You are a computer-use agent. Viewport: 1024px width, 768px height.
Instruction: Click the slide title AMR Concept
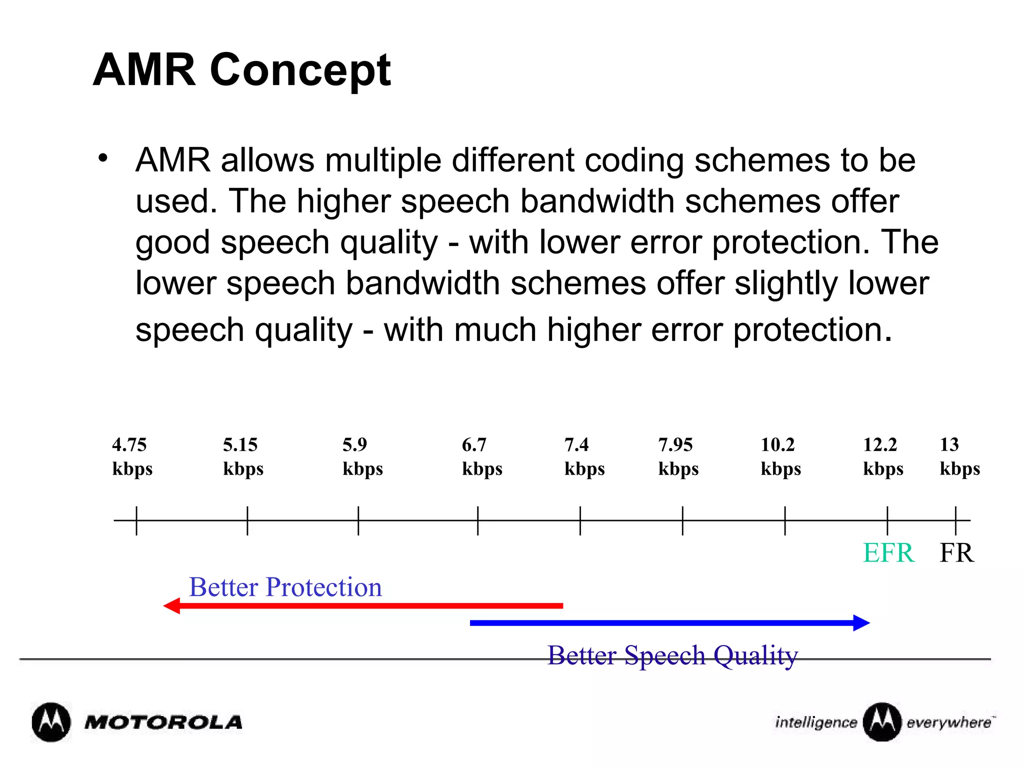coord(241,70)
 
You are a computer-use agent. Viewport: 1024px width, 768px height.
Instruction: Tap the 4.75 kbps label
coord(132,456)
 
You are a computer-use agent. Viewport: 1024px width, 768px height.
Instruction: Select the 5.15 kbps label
coord(243,456)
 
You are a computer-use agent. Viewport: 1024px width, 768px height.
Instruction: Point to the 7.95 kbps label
coord(678,456)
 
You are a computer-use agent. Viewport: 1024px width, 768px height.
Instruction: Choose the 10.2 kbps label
coord(780,456)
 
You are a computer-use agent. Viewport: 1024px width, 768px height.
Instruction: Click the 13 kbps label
coord(959,456)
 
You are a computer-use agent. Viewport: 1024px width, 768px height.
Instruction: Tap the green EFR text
coord(888,553)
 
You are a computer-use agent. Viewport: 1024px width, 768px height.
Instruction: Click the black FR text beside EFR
coord(956,553)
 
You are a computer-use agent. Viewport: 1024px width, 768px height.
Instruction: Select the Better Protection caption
coord(285,587)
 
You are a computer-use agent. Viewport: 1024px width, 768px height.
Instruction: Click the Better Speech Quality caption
coord(672,655)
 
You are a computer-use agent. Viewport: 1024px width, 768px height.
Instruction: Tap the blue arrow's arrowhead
coord(861,623)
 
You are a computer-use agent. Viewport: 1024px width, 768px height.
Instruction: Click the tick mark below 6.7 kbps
coord(477,520)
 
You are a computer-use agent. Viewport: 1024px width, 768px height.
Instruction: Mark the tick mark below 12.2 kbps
coord(887,520)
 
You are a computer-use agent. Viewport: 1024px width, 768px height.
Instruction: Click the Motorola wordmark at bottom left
coord(163,722)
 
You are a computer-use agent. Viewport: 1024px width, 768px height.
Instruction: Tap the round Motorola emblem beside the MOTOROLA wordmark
coord(51,722)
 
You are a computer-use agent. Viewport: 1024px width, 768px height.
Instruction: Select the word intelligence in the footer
coord(816,722)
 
